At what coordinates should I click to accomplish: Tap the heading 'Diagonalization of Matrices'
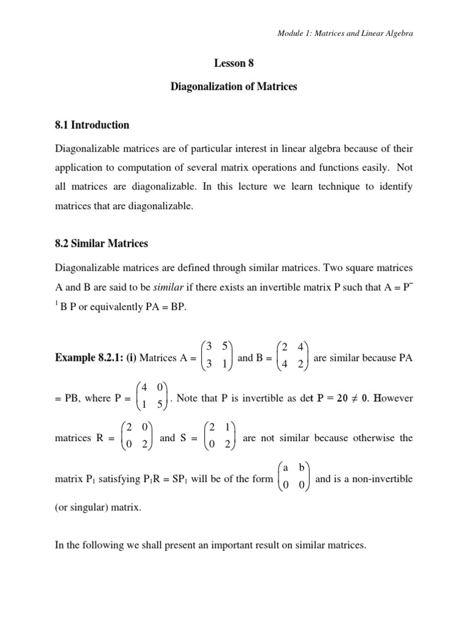233,87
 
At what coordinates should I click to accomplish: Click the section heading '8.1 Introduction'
92,125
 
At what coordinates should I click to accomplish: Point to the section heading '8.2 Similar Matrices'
102,244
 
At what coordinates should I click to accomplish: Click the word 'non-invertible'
384,479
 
